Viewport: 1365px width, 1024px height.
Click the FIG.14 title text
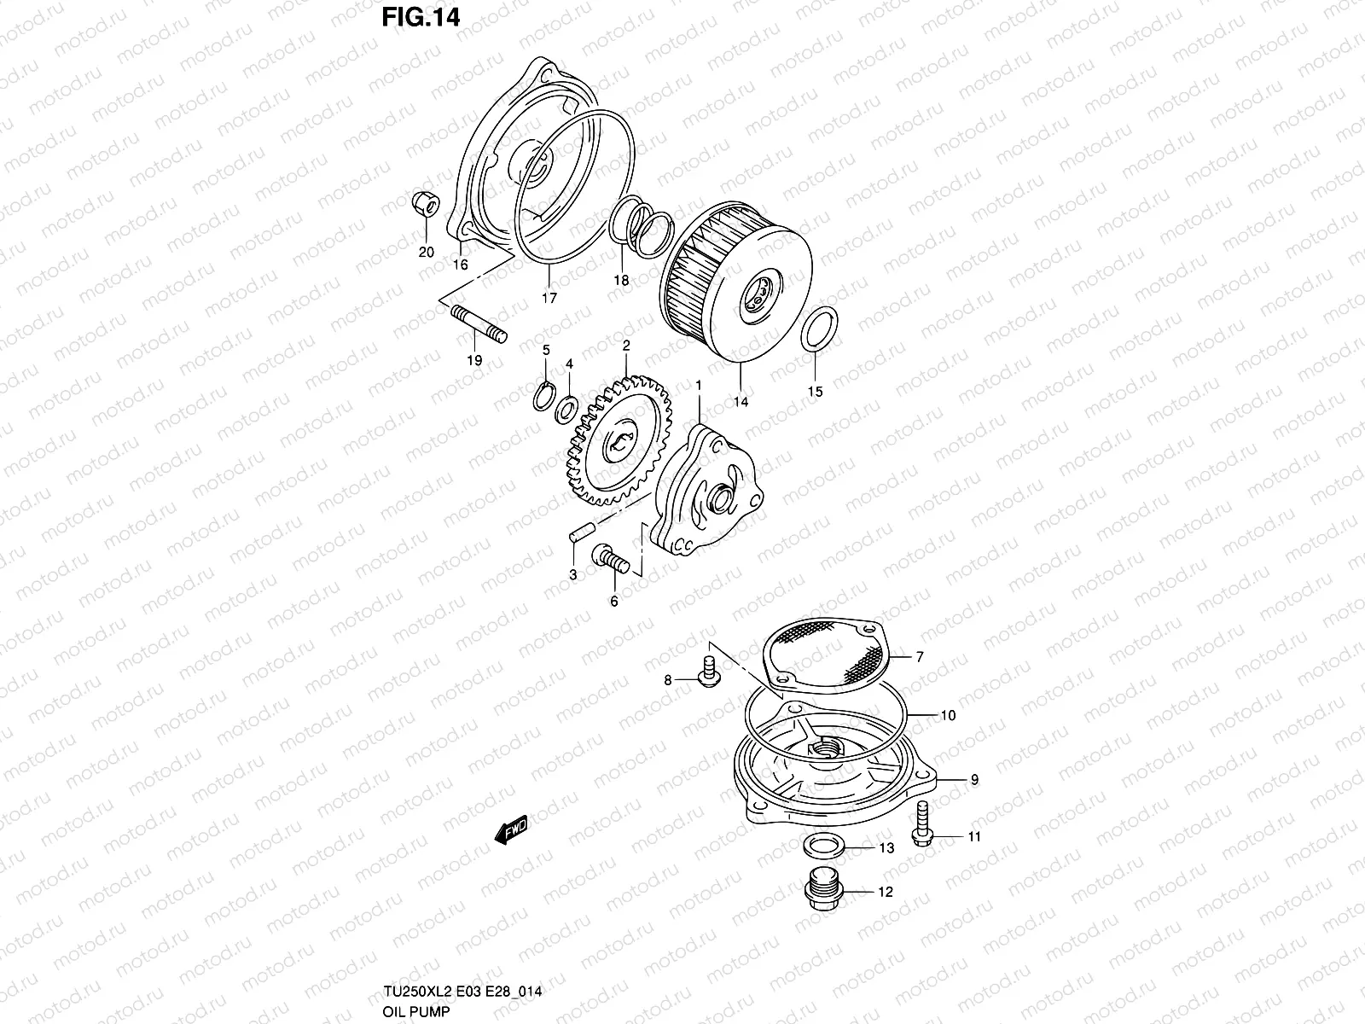point(421,17)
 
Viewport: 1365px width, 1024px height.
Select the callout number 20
point(426,252)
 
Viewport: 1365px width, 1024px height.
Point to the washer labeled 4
point(566,410)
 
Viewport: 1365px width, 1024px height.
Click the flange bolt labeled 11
point(922,824)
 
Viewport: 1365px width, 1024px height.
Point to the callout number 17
point(549,298)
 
